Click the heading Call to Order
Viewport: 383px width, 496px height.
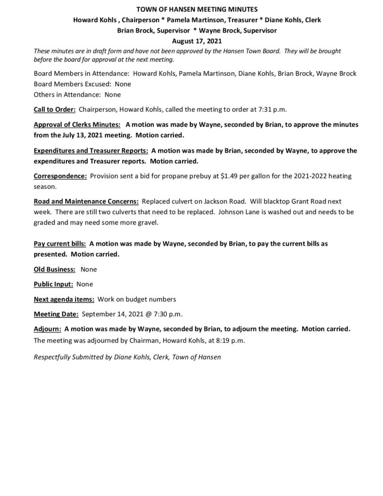click(x=53, y=109)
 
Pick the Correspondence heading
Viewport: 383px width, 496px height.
click(x=60, y=176)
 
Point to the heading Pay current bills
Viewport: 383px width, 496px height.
click(x=61, y=244)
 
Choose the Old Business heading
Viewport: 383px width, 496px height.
click(x=54, y=269)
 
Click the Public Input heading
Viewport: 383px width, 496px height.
click(x=53, y=284)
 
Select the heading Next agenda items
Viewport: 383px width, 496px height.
click(x=63, y=299)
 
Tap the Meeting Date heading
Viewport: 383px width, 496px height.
click(x=55, y=314)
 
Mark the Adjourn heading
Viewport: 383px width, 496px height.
click(x=47, y=329)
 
